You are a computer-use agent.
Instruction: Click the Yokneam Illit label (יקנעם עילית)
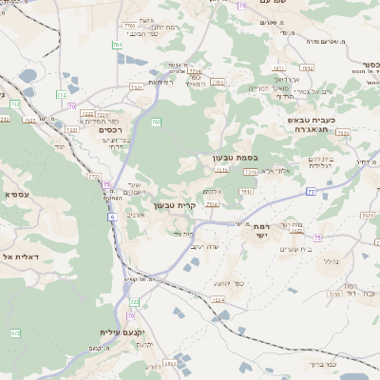(121, 332)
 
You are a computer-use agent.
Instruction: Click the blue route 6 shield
(112, 218)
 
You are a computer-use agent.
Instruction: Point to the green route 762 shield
(156, 123)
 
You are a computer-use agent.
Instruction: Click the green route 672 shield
(14, 333)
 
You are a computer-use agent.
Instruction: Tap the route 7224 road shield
(218, 300)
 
